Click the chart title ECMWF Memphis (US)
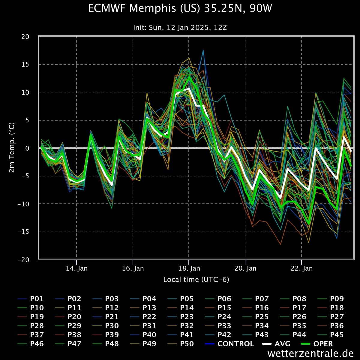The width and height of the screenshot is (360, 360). [180, 8]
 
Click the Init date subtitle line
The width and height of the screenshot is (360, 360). [180, 28]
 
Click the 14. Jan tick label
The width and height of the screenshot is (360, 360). [77, 268]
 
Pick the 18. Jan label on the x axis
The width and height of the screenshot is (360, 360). [189, 268]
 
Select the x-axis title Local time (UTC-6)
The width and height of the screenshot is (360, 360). [196, 280]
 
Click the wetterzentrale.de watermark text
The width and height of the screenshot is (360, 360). [310, 353]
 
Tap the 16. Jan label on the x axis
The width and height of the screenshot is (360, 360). [133, 268]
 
